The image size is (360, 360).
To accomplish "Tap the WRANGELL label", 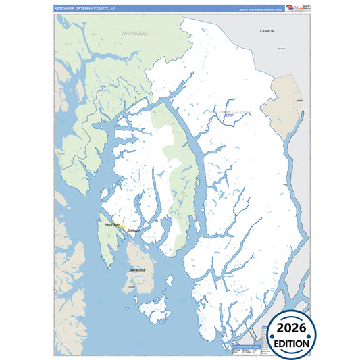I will [x=134, y=32].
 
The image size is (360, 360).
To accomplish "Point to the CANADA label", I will [x=267, y=31].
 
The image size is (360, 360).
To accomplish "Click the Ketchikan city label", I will [x=111, y=224].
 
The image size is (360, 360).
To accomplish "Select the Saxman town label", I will [x=134, y=230].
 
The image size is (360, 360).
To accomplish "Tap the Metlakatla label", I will [x=137, y=270].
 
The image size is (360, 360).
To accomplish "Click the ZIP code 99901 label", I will [x=230, y=115].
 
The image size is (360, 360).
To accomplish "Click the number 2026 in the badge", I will [x=291, y=328].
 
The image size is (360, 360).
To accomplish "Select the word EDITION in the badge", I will [x=291, y=343].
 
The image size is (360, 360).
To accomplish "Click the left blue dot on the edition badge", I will [x=271, y=336].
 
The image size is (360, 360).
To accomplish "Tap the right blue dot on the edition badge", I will [x=312, y=336].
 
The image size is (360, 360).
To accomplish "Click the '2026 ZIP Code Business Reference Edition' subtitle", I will [x=260, y=9].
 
